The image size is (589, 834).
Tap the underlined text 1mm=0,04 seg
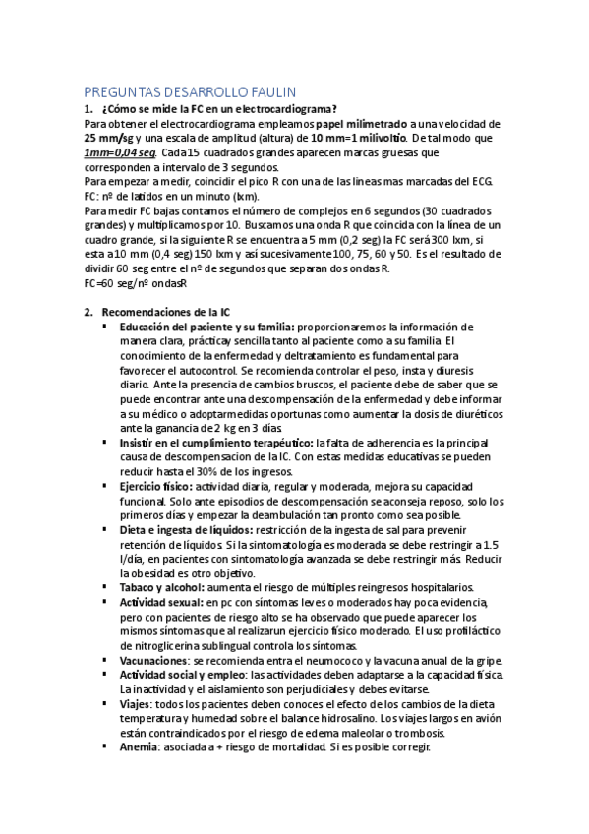point(120,153)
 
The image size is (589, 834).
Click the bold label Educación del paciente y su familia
point(206,327)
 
